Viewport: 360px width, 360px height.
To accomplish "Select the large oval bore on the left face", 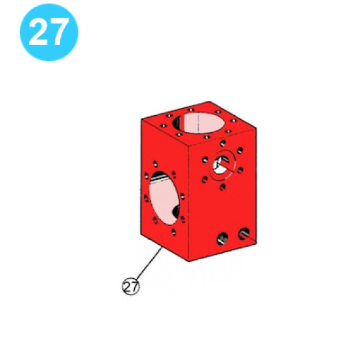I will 164,200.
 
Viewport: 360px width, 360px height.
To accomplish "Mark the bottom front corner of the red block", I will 190,261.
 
